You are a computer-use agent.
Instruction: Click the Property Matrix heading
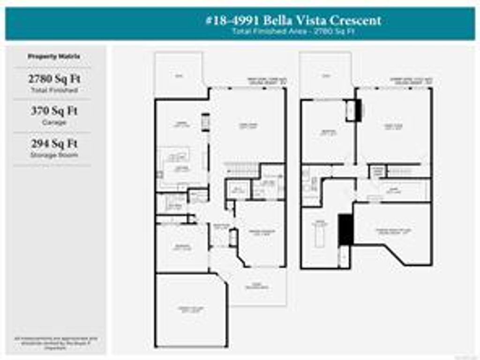click(x=54, y=56)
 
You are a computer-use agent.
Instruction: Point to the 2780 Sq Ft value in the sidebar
click(x=54, y=78)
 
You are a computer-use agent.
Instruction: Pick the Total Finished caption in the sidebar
click(x=54, y=90)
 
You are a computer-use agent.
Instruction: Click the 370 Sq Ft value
click(x=54, y=111)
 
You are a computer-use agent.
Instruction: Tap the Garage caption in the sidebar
click(x=54, y=122)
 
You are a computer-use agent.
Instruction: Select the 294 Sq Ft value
click(x=54, y=143)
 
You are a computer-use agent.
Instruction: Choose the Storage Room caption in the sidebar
click(x=54, y=155)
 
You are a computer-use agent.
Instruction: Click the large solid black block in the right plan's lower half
click(x=345, y=229)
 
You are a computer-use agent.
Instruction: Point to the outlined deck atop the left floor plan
click(x=179, y=75)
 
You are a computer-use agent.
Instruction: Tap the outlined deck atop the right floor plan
click(x=325, y=75)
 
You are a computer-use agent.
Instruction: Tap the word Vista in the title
click(x=310, y=20)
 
